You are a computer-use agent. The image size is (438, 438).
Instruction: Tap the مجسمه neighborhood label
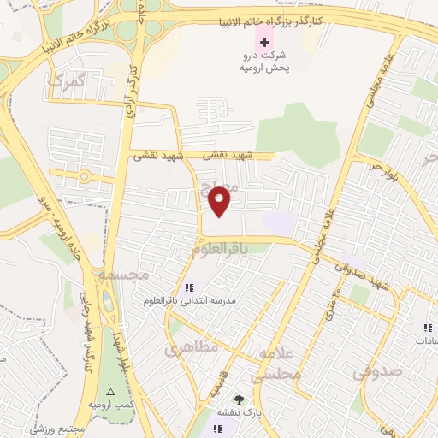point(123,275)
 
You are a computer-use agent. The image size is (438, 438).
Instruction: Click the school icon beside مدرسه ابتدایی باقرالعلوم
point(189,288)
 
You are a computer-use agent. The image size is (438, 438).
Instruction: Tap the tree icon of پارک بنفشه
point(239,400)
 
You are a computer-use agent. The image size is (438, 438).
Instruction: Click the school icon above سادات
point(426,327)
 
